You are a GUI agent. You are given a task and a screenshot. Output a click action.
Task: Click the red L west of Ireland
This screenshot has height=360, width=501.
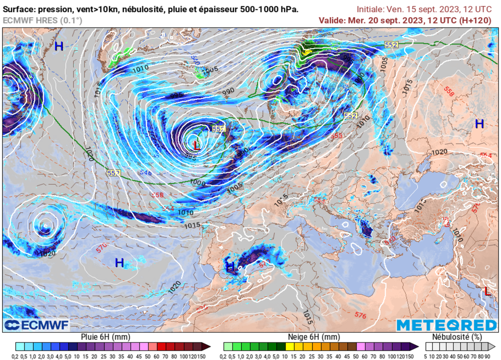[196, 145]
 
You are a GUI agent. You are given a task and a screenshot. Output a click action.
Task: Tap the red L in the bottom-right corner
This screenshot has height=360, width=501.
[487, 291]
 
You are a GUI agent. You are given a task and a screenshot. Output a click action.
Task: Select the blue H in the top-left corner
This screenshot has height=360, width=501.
[59, 46]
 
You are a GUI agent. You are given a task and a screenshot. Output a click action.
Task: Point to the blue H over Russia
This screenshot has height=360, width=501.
[479, 124]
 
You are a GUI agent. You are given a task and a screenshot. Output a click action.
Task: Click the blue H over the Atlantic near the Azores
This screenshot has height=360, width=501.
[119, 263]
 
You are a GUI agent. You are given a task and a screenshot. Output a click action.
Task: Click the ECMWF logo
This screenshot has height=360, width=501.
[37, 325]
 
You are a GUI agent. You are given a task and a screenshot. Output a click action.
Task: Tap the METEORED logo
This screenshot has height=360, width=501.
[446, 325]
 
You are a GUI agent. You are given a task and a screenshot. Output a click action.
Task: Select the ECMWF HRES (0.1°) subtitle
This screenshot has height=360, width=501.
[43, 20]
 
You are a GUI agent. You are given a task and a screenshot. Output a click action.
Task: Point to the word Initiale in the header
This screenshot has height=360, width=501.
[370, 9]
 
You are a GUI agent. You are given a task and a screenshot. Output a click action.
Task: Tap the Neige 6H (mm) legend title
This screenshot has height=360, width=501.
[314, 337]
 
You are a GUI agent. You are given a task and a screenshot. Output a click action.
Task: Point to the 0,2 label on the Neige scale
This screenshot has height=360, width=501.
[228, 356]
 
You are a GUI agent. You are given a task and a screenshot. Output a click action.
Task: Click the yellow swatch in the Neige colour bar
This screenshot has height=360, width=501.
[289, 347]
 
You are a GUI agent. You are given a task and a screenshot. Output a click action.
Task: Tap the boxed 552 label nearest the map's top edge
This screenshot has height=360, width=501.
[391, 45]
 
